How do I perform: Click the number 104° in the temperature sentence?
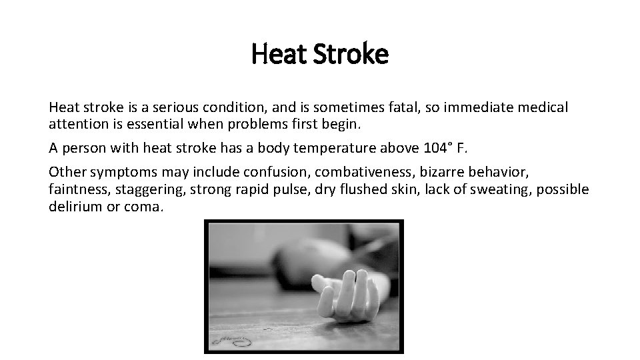pyautogui.click(x=437, y=147)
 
